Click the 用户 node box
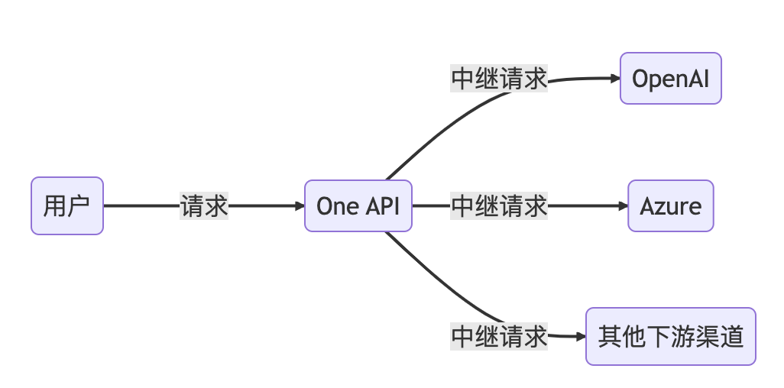pyautogui.click(x=67, y=206)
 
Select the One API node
pyautogui.click(x=358, y=206)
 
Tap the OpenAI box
pyautogui.click(x=670, y=79)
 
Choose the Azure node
pyautogui.click(x=670, y=206)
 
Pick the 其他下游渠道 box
pyautogui.click(x=670, y=336)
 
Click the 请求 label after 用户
pyautogui.click(x=204, y=206)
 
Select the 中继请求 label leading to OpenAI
pyautogui.click(x=499, y=79)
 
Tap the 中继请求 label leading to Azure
pyautogui.click(x=499, y=206)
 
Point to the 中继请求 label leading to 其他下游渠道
pyautogui.click(x=499, y=336)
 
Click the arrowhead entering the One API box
pyautogui.click(x=299, y=206)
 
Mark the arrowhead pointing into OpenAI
pyautogui.click(x=614, y=79)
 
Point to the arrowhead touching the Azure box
pyautogui.click(x=622, y=206)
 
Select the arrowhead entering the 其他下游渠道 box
pyautogui.click(x=580, y=336)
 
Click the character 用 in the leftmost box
pyautogui.click(x=55, y=206)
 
